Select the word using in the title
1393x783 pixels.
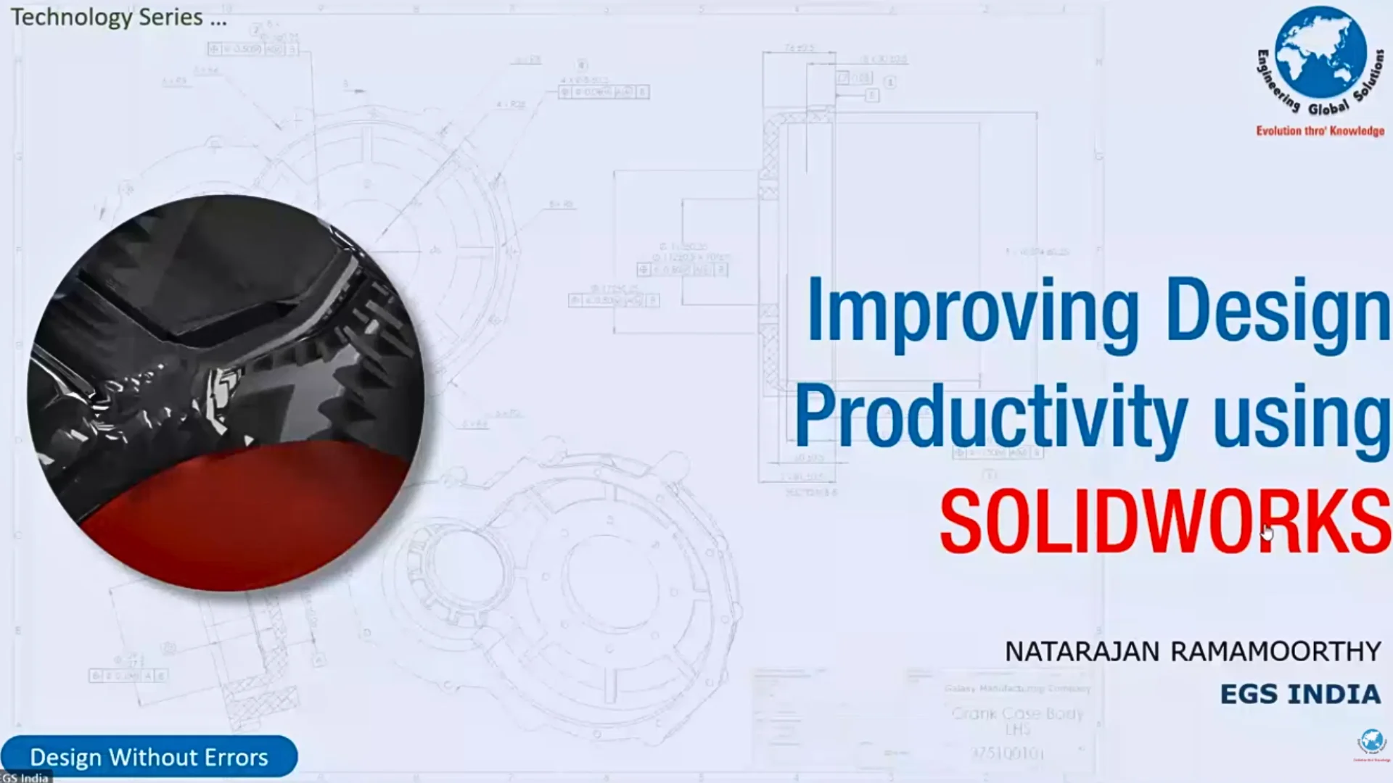pos(1302,418)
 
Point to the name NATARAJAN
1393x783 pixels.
pos(1082,652)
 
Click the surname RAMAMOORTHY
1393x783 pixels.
pos(1275,652)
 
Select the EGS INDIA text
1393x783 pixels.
pos(1300,695)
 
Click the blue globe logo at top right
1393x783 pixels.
pos(1320,54)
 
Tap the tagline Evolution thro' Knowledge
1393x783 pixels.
pos(1320,131)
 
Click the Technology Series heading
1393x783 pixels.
pos(118,17)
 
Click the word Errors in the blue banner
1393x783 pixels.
pos(236,758)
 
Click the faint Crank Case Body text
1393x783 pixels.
pos(1017,714)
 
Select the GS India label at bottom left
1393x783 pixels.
pos(25,778)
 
